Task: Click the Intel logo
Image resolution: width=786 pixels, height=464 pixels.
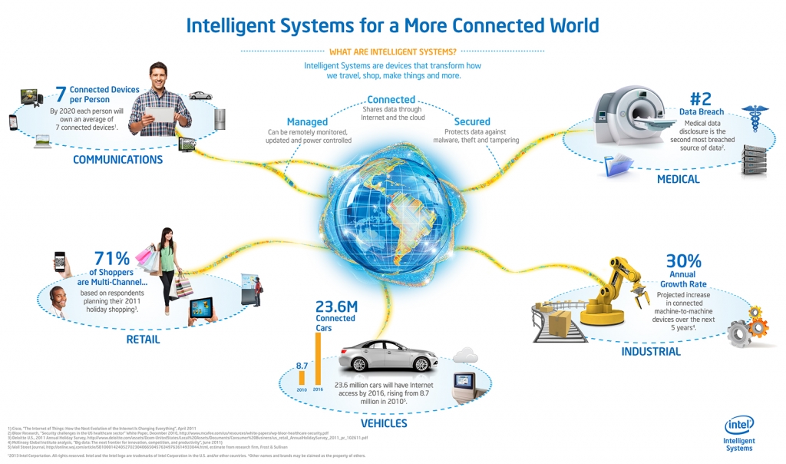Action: pyautogui.click(x=739, y=425)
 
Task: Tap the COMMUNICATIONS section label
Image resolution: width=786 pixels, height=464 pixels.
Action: pyautogui.click(x=117, y=160)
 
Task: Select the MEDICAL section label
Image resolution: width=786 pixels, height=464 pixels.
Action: pyautogui.click(x=678, y=179)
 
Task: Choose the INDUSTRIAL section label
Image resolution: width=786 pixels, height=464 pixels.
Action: pyautogui.click(x=651, y=351)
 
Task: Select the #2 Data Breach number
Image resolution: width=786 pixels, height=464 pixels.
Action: pyautogui.click(x=702, y=98)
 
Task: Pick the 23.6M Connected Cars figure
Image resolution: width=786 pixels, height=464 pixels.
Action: pyautogui.click(x=336, y=307)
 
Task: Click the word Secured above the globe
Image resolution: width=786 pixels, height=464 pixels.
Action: pyautogui.click(x=472, y=121)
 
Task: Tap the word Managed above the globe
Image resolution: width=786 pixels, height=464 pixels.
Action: pyautogui.click(x=307, y=121)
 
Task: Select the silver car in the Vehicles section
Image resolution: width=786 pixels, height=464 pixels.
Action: pyautogui.click(x=388, y=355)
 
